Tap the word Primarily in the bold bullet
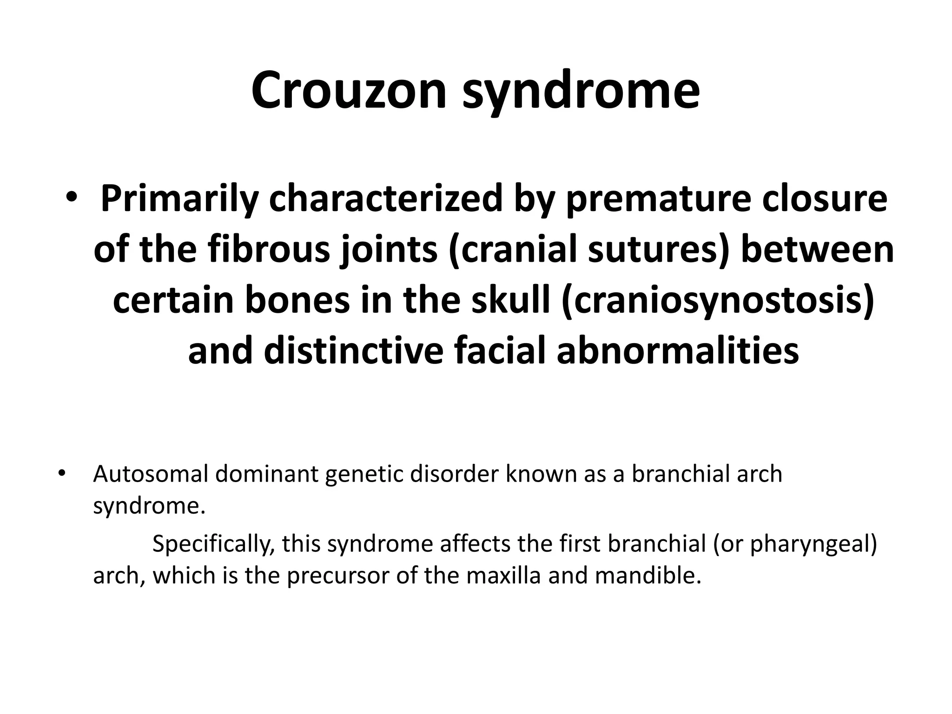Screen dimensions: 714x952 tap(178, 198)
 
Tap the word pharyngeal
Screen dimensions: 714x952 tap(812, 544)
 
